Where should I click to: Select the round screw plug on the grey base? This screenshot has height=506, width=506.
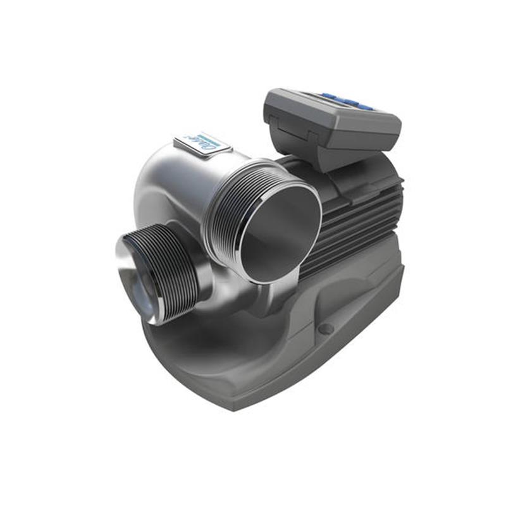(x=326, y=328)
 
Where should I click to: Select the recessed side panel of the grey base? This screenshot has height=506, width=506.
(x=354, y=297)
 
